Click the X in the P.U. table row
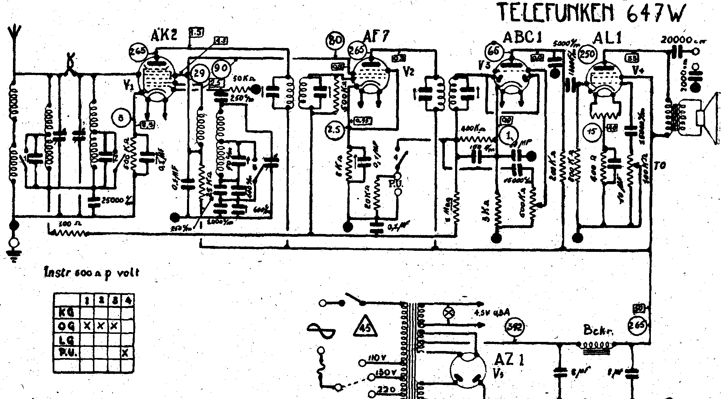click(x=124, y=353)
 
